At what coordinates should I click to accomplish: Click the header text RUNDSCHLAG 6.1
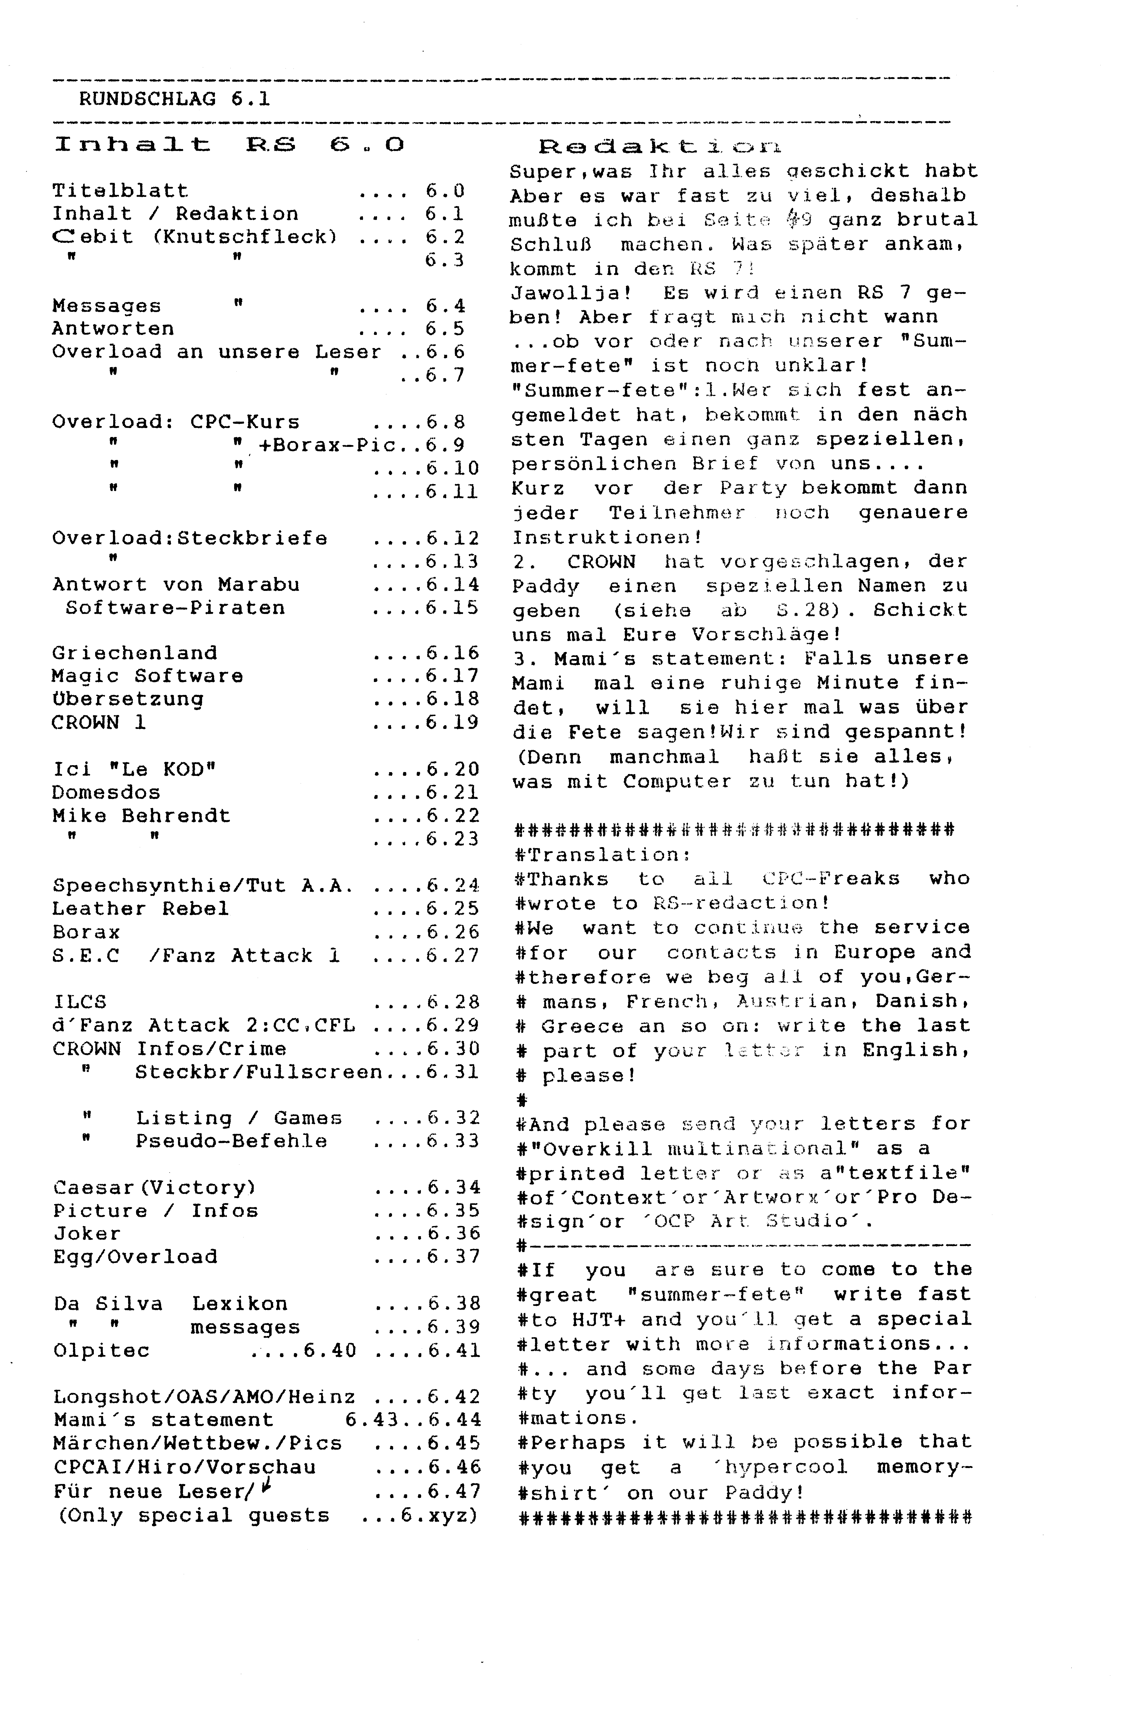click(174, 99)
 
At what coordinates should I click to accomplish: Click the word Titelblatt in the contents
click(120, 191)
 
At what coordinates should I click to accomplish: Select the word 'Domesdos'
click(106, 792)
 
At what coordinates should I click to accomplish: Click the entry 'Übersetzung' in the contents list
click(127, 699)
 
